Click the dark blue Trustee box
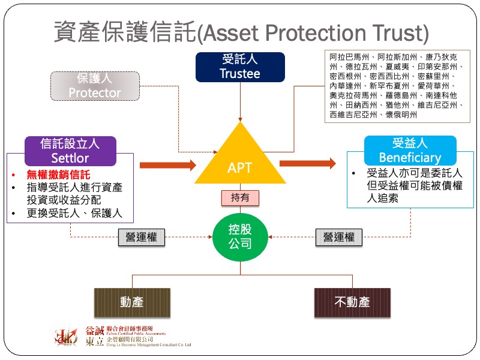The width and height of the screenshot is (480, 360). point(240,67)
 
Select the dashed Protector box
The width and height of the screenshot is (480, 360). point(95,86)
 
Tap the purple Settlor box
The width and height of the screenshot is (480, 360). point(70,151)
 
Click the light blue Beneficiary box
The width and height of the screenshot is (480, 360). point(410,151)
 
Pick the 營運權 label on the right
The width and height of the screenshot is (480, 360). point(338,237)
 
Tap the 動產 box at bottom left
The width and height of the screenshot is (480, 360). point(132,302)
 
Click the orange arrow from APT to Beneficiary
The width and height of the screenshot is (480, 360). point(308,163)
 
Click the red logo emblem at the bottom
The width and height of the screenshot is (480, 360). point(66,338)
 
